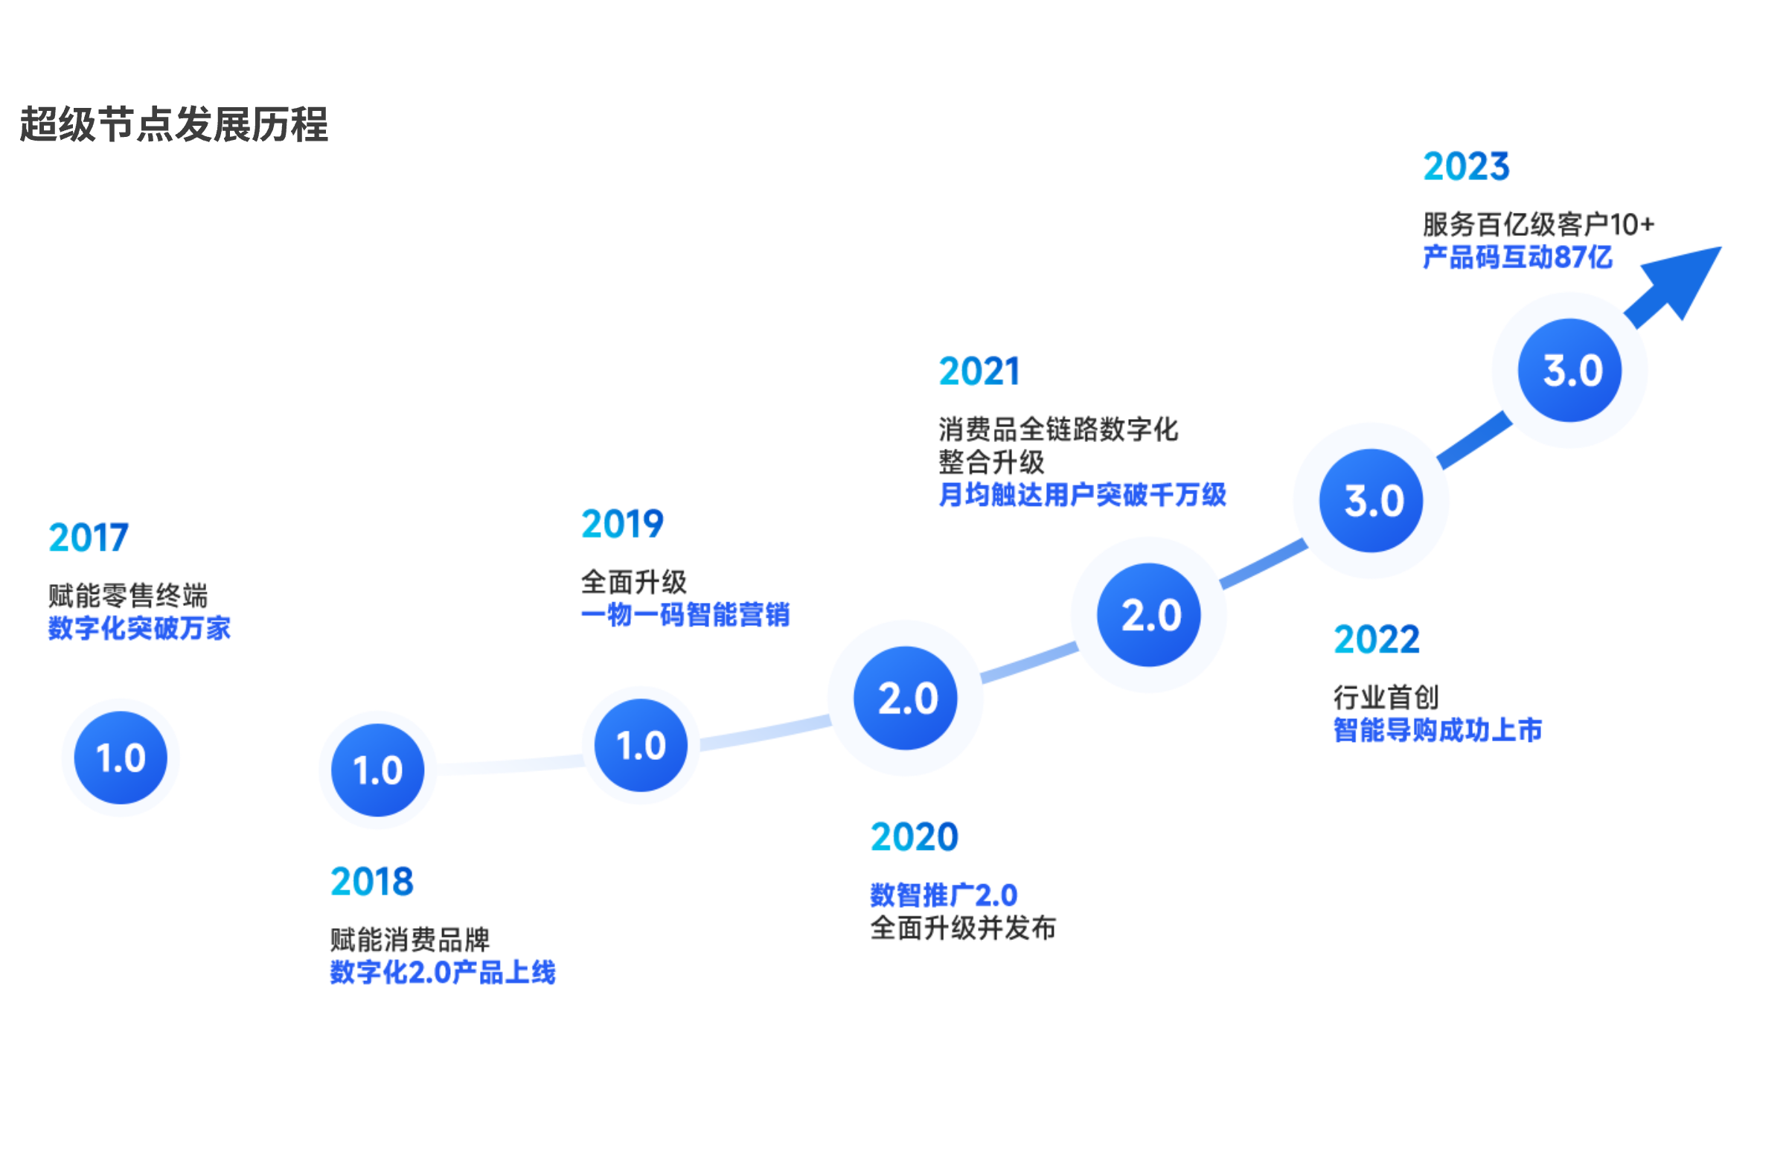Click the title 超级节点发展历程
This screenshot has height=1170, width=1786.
click(x=173, y=124)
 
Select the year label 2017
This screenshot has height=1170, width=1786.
click(x=89, y=537)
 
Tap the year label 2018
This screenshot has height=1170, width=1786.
click(x=371, y=881)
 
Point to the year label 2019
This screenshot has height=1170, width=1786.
click(x=622, y=523)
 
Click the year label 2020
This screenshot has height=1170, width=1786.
click(x=914, y=837)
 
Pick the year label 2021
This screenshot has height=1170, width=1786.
click(x=979, y=371)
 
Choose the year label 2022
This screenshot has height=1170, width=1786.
click(x=1376, y=639)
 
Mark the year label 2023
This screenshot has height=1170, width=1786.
click(x=1465, y=166)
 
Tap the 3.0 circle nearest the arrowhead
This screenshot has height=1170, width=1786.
click(x=1569, y=370)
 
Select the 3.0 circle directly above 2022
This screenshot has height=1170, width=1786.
click(x=1371, y=501)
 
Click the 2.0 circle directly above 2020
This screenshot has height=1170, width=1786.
click(x=906, y=698)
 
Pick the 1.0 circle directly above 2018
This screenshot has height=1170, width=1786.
click(x=377, y=770)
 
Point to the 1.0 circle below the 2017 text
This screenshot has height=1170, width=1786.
click(x=121, y=757)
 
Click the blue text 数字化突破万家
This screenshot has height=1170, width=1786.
click(x=140, y=628)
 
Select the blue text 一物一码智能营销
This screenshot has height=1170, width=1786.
click(x=685, y=615)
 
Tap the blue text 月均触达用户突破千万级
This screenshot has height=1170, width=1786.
click(x=1082, y=494)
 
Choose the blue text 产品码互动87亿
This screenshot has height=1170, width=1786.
click(x=1517, y=258)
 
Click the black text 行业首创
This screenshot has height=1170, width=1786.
click(x=1386, y=697)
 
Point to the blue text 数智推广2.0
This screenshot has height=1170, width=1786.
click(x=944, y=895)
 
